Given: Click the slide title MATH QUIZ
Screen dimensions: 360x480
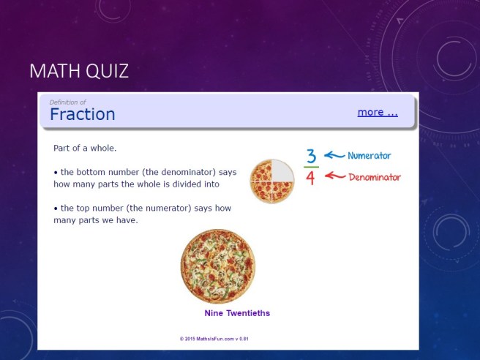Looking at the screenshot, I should click(x=79, y=71).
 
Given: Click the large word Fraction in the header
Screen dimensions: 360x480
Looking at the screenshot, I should click(x=82, y=114).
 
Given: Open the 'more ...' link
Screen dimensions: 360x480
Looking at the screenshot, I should click(x=377, y=112).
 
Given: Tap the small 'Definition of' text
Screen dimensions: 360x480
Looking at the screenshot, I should click(x=67, y=102).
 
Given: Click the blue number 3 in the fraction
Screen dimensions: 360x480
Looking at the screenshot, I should click(x=311, y=156).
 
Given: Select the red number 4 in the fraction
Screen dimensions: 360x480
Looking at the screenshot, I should click(x=310, y=178).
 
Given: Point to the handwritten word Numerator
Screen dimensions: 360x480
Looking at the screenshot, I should click(x=369, y=156).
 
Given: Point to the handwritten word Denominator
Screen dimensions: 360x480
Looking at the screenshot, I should click(x=375, y=177).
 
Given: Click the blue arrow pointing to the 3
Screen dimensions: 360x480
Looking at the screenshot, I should click(x=334, y=155).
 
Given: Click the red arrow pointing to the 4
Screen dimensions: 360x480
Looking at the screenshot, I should click(x=334, y=176).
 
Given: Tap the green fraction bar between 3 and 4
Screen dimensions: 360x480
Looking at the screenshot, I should click(x=311, y=167).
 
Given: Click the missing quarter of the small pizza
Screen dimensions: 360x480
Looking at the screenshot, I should click(x=282, y=170).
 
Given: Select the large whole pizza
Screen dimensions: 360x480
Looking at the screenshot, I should click(x=218, y=266).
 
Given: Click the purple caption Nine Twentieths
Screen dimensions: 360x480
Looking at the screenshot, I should click(x=236, y=313).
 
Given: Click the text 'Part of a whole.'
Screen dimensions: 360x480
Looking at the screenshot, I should click(x=85, y=148).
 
